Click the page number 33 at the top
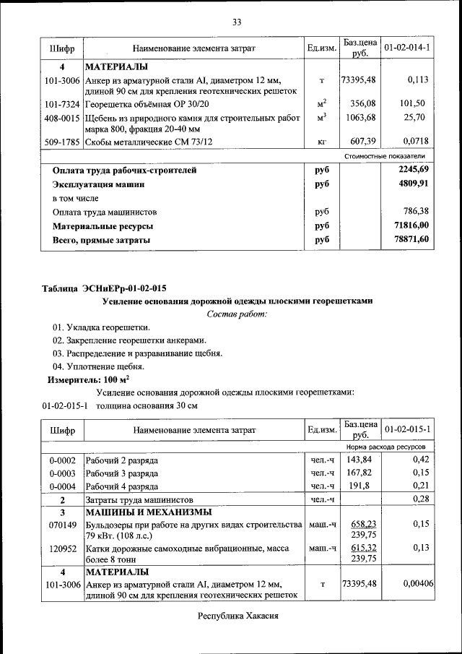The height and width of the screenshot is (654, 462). click(236, 22)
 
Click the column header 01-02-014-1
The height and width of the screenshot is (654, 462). click(407, 48)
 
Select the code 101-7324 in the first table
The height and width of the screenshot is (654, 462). click(61, 103)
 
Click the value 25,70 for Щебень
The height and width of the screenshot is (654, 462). click(415, 116)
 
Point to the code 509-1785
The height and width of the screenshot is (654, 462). click(61, 142)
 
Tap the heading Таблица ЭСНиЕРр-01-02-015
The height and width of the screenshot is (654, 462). click(104, 288)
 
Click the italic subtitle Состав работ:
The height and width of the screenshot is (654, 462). click(237, 314)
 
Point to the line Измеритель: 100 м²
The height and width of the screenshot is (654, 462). click(87, 379)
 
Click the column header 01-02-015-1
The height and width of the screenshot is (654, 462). click(407, 429)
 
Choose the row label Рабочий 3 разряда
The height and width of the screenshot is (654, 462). click(121, 473)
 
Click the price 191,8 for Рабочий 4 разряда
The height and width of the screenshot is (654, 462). click(359, 486)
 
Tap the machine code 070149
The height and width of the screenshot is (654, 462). click(62, 524)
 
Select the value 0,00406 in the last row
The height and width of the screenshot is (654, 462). click(417, 582)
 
